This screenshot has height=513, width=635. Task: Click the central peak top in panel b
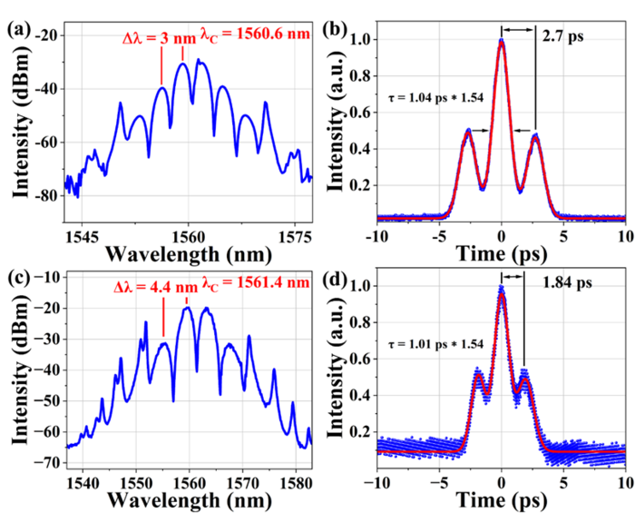click(501, 40)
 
